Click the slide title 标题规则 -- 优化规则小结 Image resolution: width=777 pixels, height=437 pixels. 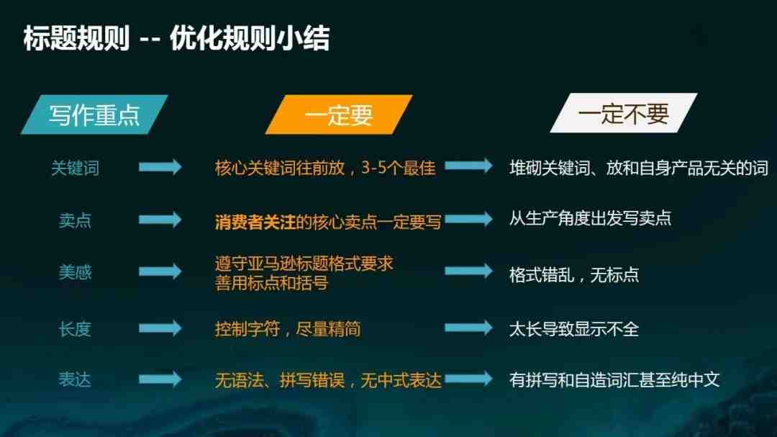pyautogui.click(x=176, y=38)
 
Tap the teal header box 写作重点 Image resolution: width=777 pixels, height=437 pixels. pyautogui.click(x=94, y=114)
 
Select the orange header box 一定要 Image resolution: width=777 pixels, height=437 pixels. pyautogui.click(x=338, y=114)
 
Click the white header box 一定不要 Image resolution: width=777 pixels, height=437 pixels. pyautogui.click(x=623, y=113)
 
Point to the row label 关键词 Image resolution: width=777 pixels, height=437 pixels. pyautogui.click(x=76, y=168)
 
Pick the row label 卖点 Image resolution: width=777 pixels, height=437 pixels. pyautogui.click(x=76, y=220)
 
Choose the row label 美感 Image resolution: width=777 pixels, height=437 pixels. pyautogui.click(x=76, y=272)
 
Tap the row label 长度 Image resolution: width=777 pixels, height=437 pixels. pyautogui.click(x=76, y=329)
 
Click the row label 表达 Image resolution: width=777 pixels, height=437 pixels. pyautogui.click(x=76, y=380)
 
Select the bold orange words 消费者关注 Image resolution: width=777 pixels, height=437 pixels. pyautogui.click(x=255, y=222)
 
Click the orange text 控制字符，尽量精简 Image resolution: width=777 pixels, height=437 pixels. pyautogui.click(x=288, y=329)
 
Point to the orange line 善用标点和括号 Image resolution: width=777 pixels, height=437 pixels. pyautogui.click(x=271, y=283)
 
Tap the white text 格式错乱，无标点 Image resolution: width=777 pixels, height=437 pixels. pyautogui.click(x=574, y=274)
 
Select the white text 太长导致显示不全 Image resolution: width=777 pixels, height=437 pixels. pyautogui.click(x=574, y=329)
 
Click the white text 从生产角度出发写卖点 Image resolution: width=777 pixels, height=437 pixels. pyautogui.click(x=590, y=218)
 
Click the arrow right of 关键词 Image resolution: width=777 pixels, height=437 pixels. pyautogui.click(x=160, y=167)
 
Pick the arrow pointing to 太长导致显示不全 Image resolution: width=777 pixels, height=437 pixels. pyautogui.click(x=469, y=328)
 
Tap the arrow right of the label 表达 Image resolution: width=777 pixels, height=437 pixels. pyautogui.click(x=160, y=379)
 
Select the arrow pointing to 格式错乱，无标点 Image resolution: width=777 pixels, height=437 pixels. pyautogui.click(x=469, y=271)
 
